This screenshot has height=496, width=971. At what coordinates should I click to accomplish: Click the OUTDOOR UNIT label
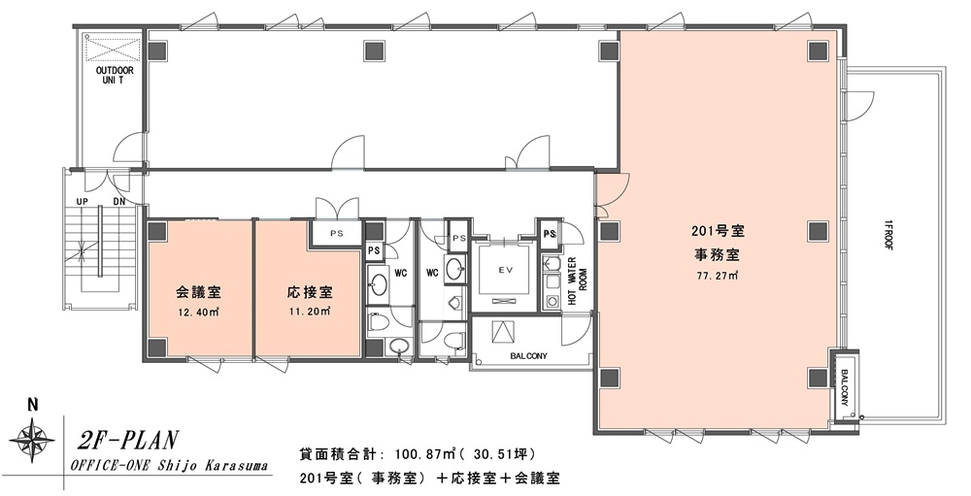[114, 75]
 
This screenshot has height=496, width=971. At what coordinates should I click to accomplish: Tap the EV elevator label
[506, 270]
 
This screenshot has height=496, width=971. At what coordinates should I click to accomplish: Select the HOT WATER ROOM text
[577, 281]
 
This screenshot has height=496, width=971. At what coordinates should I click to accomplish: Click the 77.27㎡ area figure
[717, 277]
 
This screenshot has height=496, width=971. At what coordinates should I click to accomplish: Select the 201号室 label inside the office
[718, 232]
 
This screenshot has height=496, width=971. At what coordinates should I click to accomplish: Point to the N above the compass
[33, 406]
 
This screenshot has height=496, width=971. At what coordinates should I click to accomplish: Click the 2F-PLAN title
[128, 441]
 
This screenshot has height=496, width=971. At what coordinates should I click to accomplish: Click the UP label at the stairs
[82, 202]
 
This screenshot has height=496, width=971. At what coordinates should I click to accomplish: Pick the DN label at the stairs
[118, 202]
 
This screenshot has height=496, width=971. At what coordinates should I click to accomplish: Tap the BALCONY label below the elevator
[528, 356]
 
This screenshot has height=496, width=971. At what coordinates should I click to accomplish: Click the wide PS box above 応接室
[336, 234]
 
